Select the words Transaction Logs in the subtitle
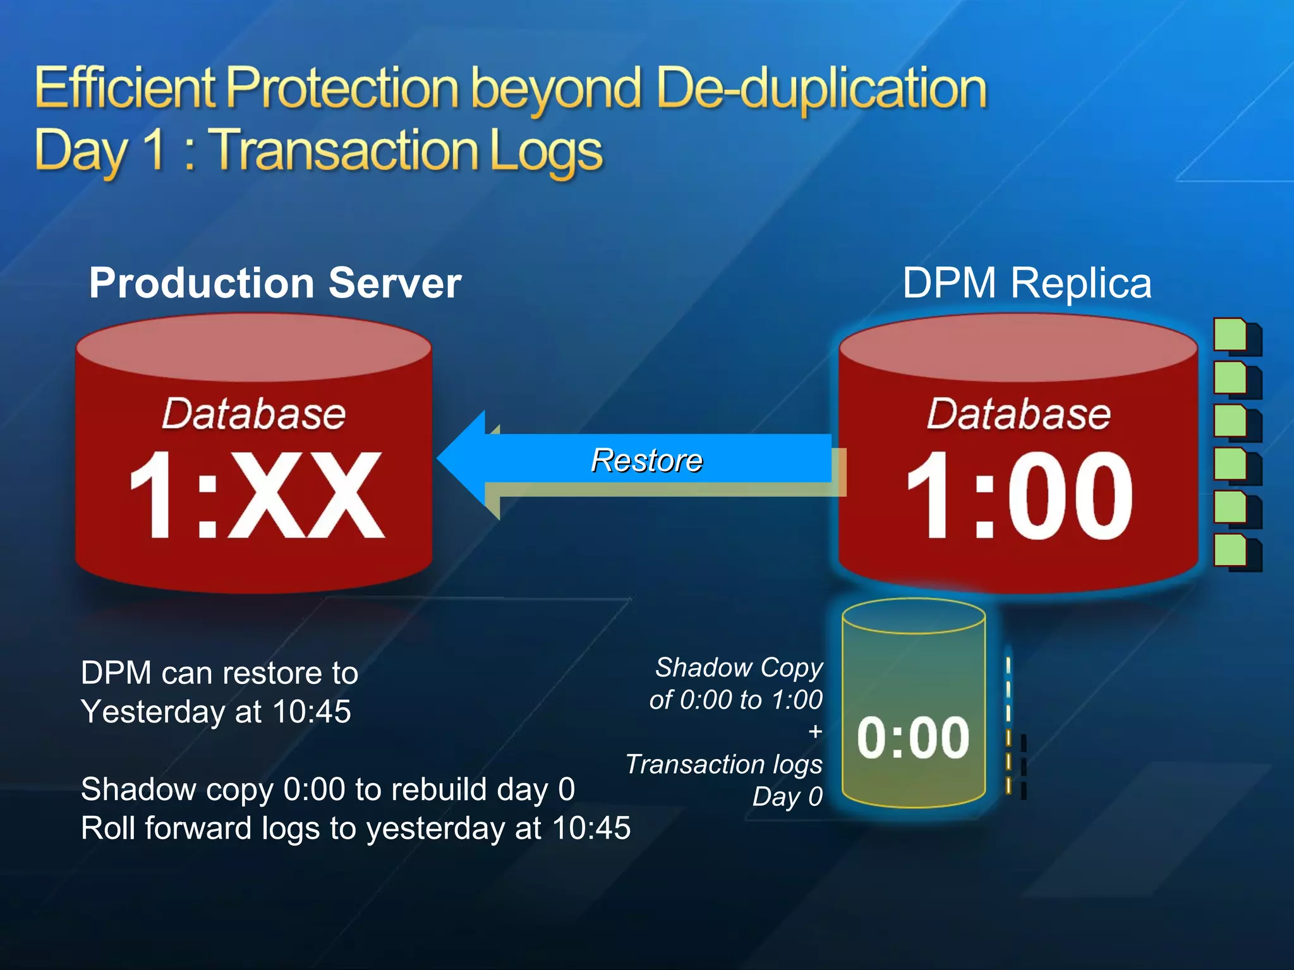[x=405, y=150]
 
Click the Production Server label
[x=275, y=283]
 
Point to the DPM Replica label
[x=1027, y=283]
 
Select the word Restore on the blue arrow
[x=646, y=460]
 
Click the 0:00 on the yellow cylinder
[x=913, y=737]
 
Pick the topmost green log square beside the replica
[x=1231, y=335]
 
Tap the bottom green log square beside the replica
[x=1231, y=550]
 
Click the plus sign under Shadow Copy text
[x=814, y=731]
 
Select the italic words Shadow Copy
[x=739, y=668]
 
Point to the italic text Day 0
[x=787, y=796]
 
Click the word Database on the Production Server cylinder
[x=253, y=414]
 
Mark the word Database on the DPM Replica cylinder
[x=1019, y=414]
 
